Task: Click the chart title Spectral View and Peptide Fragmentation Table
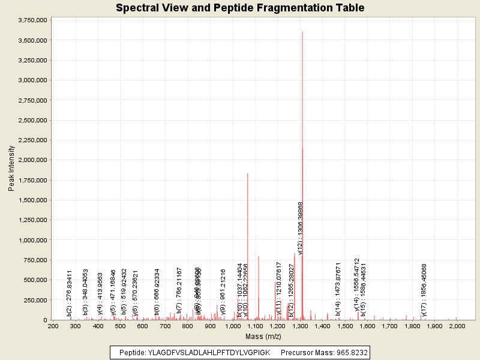240,8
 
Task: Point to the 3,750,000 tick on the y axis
33,20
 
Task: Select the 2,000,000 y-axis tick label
33,160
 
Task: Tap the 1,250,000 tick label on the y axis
33,220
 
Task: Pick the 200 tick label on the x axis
53,326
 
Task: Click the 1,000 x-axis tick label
233,326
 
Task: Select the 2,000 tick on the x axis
457,326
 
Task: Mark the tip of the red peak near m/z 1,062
247,173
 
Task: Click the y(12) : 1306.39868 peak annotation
301,228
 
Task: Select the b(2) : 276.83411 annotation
70,293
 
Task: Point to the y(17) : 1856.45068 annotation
424,290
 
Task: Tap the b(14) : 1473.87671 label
338,289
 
